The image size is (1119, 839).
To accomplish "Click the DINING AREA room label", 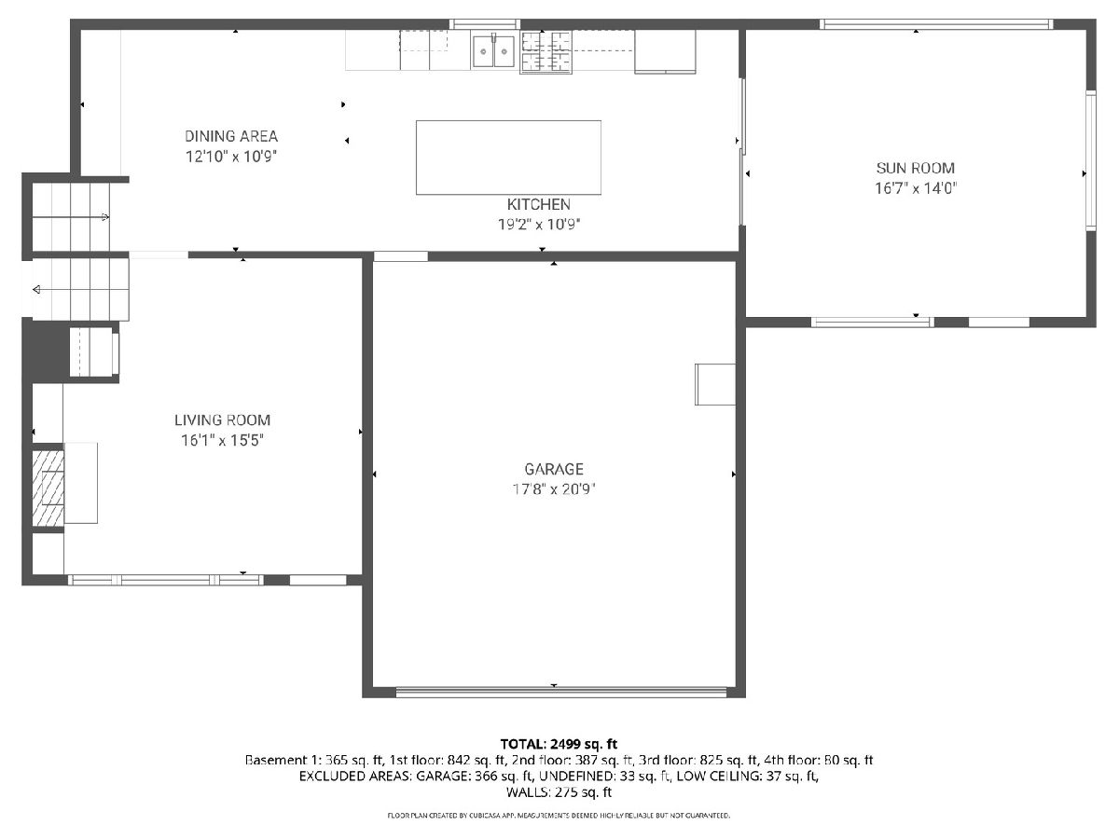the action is pos(231,136).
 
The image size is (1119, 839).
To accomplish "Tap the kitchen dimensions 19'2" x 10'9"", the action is pos(539,224).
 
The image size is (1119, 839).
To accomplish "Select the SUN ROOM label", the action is pos(915,168).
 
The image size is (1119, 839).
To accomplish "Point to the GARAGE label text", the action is pos(554,469).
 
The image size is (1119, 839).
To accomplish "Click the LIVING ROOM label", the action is pos(222,420).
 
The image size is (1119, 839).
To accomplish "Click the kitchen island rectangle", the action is pos(508,158).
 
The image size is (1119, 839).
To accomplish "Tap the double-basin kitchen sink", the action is pos(493,51).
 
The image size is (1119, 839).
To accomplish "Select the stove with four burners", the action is pos(546,52).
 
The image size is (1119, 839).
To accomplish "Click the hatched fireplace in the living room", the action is pos(48,488).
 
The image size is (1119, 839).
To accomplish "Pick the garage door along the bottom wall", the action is pos(561,692).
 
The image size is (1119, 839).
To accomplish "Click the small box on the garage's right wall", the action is pos(714,384).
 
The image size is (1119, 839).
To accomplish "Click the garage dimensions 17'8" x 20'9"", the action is pos(554,489).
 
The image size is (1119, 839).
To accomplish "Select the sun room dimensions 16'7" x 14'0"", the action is pos(916,188).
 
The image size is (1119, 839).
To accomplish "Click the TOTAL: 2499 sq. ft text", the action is pos(559,744).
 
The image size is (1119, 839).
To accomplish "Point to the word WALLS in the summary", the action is pos(527,792).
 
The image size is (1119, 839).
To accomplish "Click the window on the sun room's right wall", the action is pos(1090,160).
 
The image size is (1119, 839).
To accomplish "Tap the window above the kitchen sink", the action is pos(485,24).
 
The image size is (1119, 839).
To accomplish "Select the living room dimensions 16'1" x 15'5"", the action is pos(222,440).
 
